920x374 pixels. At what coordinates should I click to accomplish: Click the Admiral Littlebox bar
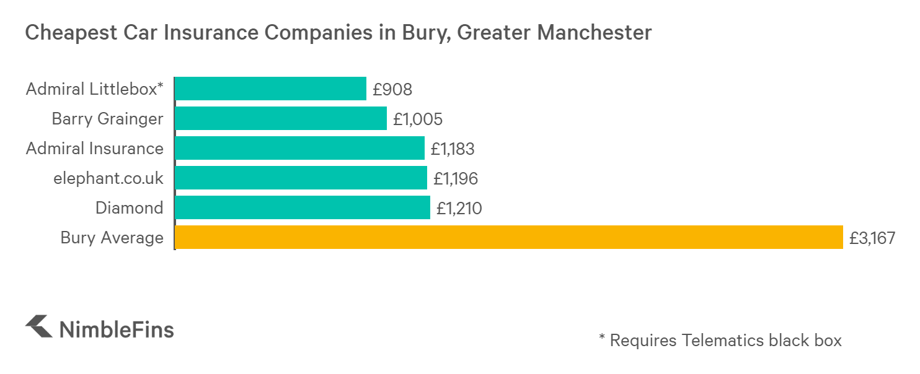270,89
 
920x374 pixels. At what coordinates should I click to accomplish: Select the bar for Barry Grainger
281,118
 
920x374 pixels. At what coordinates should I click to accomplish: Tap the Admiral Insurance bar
299,149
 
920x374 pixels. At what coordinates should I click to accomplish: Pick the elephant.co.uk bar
301,178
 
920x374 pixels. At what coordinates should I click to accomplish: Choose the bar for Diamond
303,207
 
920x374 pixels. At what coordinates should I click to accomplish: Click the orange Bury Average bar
508,237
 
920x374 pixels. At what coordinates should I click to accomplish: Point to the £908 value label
392,89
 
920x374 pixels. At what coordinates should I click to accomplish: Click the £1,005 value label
418,119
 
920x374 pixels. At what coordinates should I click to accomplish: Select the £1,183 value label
453,149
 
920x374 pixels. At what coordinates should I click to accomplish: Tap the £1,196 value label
456,178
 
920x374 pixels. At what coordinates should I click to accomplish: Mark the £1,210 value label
459,208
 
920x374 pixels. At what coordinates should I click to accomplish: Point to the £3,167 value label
872,238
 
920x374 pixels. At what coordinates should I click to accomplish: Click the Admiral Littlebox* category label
94,89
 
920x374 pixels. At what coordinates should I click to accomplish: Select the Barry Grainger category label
108,119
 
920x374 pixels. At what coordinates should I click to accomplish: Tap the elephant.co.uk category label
108,178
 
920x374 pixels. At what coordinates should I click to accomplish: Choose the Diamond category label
129,208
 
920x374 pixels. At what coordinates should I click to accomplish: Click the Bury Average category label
112,238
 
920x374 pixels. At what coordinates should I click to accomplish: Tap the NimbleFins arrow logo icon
38,326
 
